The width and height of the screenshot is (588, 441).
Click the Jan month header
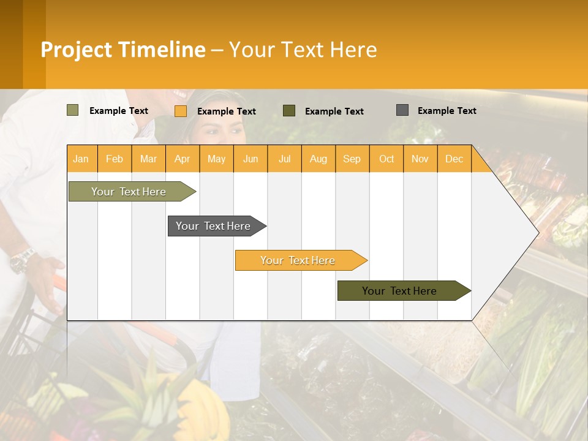point(81,159)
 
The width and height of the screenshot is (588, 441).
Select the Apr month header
point(182,159)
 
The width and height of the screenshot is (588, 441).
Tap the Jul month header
point(284,159)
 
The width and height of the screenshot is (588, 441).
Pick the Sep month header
point(352,159)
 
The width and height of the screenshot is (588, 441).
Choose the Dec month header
point(454,159)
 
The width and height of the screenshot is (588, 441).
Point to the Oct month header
point(386,159)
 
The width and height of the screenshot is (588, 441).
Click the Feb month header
point(115,159)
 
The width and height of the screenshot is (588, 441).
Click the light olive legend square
point(72,110)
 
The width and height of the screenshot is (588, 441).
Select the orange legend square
point(180,111)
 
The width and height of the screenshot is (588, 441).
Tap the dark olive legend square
point(288,111)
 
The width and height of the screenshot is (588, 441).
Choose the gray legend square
point(402,110)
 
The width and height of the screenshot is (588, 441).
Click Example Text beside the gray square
point(447,111)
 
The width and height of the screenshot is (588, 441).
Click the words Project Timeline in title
point(123,50)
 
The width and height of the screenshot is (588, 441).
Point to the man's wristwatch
point(22,260)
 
